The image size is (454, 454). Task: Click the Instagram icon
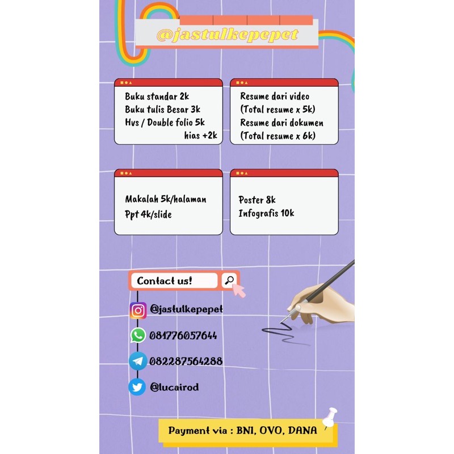[x=138, y=310]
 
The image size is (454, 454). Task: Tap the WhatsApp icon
[x=138, y=335]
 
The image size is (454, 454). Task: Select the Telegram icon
[x=138, y=361]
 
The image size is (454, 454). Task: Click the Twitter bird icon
[x=137, y=387]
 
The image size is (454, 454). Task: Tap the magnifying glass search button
[x=229, y=280]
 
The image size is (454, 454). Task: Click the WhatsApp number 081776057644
[x=183, y=335]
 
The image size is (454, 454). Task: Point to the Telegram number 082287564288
[x=186, y=361]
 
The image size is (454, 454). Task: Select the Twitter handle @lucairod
[x=174, y=387]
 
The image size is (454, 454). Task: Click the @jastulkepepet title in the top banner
[x=227, y=35]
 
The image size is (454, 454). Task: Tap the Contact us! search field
[x=174, y=280]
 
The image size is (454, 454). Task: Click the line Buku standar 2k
[x=157, y=96]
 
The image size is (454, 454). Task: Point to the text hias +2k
[x=200, y=136]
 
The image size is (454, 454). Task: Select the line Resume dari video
[x=275, y=96]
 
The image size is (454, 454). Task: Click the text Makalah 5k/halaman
[x=166, y=199]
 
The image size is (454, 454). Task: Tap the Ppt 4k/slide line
[x=148, y=215]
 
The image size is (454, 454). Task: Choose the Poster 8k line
[x=257, y=200]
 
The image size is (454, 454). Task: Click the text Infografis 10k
[x=267, y=213]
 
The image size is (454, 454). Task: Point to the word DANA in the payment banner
[x=302, y=430]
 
